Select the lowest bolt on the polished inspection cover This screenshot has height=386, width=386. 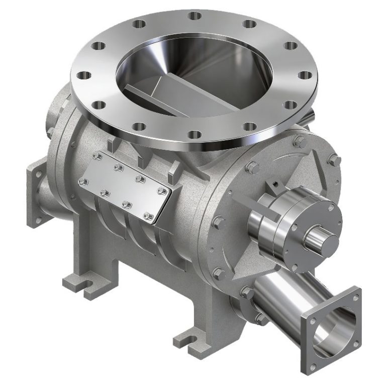click(148, 216)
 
